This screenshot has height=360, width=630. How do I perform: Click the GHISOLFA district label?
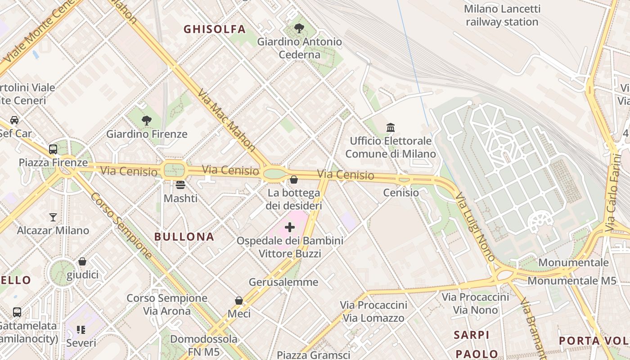click(x=215, y=29)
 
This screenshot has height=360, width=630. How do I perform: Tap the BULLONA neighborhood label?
click(x=184, y=237)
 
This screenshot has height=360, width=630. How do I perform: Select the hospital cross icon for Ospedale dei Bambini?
click(x=290, y=227)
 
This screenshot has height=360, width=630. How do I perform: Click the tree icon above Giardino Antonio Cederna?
click(x=299, y=28)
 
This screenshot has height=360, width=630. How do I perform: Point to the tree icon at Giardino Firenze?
click(x=146, y=120)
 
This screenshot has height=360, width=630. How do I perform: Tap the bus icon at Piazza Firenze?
click(x=53, y=149)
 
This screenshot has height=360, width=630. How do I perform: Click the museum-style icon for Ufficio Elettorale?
click(x=391, y=127)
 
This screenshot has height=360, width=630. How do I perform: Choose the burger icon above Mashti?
click(x=180, y=184)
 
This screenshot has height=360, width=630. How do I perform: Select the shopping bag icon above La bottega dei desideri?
click(x=294, y=180)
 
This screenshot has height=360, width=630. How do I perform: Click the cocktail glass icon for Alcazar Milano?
click(x=53, y=217)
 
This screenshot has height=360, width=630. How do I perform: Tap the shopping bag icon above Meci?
click(x=239, y=300)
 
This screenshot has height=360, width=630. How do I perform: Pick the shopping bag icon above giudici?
click(x=82, y=261)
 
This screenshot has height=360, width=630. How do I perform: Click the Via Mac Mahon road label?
click(x=226, y=120)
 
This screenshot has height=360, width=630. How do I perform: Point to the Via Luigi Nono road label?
click(x=475, y=227)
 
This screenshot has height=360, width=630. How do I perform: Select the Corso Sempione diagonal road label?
click(x=121, y=226)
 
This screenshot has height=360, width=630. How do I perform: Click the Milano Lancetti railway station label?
click(x=502, y=15)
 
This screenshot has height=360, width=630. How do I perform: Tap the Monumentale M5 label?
click(x=571, y=281)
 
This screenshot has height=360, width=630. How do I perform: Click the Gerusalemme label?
click(x=283, y=282)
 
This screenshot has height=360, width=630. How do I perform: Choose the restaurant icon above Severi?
click(x=81, y=330)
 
